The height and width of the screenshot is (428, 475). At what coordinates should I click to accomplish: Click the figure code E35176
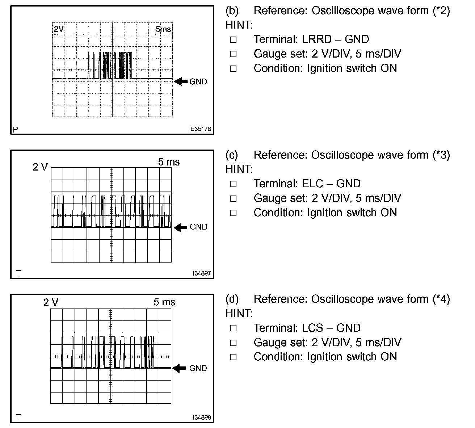201,129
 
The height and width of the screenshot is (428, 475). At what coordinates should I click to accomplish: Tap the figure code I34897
202,273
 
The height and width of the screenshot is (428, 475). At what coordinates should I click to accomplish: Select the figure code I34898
202,417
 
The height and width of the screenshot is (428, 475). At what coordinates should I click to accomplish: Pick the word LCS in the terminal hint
312,328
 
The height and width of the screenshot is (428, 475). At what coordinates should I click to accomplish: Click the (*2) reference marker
441,11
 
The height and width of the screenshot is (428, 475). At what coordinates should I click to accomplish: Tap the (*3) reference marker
441,155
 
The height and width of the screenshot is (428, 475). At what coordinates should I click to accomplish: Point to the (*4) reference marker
441,299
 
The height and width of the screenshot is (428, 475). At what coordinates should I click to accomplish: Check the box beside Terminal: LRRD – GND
233,39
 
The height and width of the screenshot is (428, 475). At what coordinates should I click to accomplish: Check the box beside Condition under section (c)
233,213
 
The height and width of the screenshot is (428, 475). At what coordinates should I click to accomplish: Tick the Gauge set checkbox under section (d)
233,343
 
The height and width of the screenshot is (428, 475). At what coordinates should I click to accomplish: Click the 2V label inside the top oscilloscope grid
59,29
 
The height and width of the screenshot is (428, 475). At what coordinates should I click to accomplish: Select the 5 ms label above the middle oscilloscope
169,162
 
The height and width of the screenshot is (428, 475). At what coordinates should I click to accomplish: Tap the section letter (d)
232,299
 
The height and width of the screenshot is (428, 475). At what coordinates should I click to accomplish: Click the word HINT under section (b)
239,25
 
